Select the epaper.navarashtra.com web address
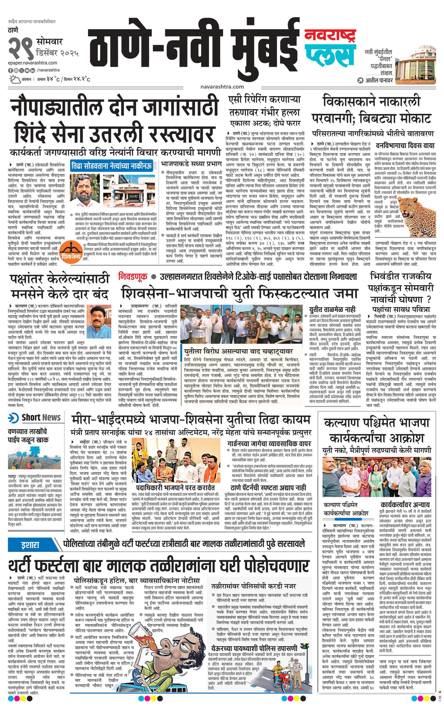coord(33,63)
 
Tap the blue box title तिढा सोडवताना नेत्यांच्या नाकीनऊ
coord(111,166)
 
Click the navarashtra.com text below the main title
coord(222,87)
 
